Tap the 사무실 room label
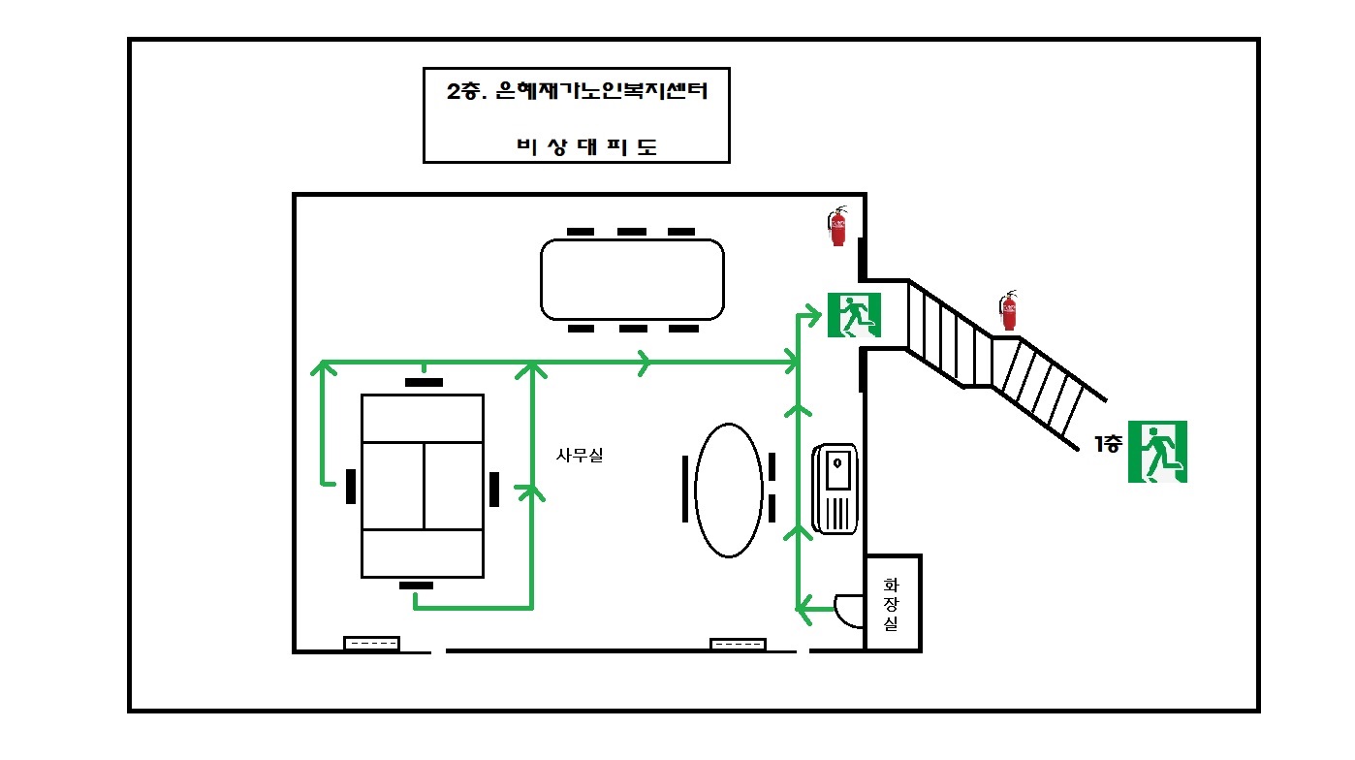click(x=580, y=455)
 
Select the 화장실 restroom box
click(x=892, y=604)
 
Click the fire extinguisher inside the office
click(x=837, y=227)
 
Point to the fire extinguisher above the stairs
click(x=1009, y=310)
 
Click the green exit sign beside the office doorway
click(x=853, y=315)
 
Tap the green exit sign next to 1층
click(x=1157, y=452)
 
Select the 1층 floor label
click(x=1109, y=445)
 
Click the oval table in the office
click(x=729, y=491)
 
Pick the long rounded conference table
click(x=632, y=279)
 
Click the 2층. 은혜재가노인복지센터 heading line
click(x=576, y=94)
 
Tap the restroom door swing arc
click(x=848, y=610)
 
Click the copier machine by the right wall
click(x=835, y=489)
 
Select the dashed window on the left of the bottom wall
click(x=372, y=644)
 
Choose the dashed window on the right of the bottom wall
click(x=738, y=644)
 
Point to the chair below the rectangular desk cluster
click(x=417, y=585)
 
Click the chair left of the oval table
click(x=685, y=488)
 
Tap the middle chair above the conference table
click(x=632, y=232)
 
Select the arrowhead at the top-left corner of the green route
click(x=321, y=366)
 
